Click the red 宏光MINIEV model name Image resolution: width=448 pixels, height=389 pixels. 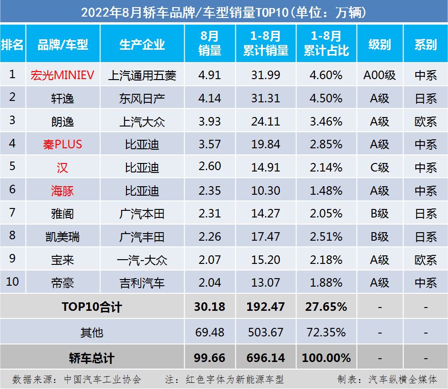coord(63,75)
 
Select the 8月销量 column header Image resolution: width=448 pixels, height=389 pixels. coord(209,44)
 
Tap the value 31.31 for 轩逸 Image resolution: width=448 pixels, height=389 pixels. coord(266,98)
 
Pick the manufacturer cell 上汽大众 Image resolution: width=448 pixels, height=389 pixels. coord(142,121)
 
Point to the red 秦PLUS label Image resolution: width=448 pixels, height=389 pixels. coord(63,145)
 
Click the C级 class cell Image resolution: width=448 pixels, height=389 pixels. coord(379,168)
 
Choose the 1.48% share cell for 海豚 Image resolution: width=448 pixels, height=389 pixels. coord(326,190)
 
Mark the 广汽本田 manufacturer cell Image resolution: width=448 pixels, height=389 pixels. coord(142,214)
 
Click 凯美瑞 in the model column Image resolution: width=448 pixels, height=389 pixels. coord(63,237)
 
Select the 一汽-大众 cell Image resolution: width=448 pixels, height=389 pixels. coord(142,260)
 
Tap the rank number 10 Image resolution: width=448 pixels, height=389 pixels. coord(12,282)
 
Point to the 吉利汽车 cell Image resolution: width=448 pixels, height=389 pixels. coord(142,283)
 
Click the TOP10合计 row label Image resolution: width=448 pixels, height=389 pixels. coord(92,307)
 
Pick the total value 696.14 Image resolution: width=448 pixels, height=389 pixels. coord(266,358)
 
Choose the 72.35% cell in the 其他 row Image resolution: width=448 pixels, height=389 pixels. coord(326,332)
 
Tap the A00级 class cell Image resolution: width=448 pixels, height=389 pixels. coord(379,75)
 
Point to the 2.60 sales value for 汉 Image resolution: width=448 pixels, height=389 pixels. coord(209,168)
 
